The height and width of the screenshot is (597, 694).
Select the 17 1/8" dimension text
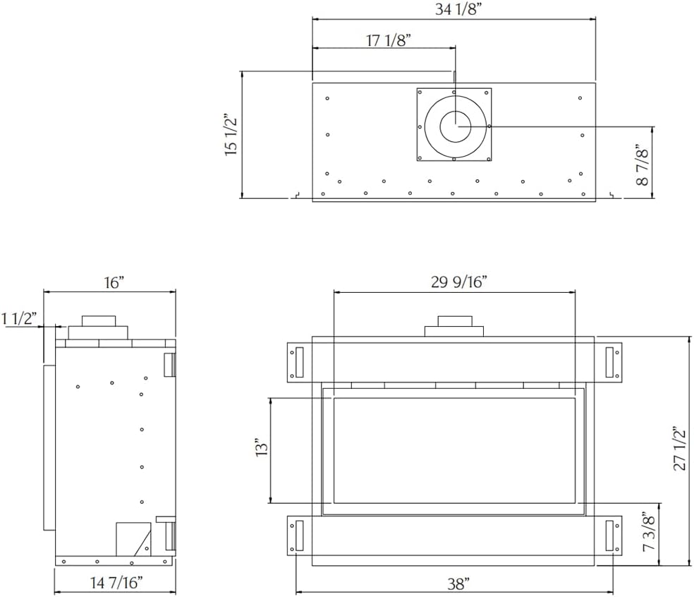click(x=389, y=40)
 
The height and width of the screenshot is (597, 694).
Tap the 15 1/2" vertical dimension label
click(x=231, y=136)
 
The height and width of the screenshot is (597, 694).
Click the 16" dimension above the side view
click(x=115, y=282)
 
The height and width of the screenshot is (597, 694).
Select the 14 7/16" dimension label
click(x=117, y=582)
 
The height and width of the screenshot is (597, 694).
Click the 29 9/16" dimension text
click(x=459, y=282)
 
